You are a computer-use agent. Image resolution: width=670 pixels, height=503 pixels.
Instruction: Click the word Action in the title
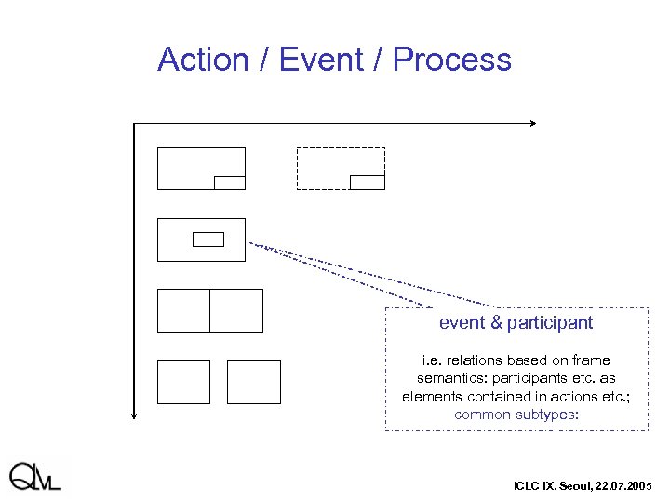(201, 60)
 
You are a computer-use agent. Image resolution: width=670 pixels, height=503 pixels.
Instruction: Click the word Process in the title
(451, 60)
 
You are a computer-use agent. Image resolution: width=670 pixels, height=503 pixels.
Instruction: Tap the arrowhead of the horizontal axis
(533, 123)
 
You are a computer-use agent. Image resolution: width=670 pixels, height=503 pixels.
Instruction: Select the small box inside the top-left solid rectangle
(230, 183)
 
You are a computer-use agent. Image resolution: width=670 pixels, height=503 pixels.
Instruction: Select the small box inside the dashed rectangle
(367, 182)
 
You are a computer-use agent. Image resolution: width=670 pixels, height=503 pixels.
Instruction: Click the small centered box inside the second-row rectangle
(208, 239)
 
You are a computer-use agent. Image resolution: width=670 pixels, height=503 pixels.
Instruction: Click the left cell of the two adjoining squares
(183, 310)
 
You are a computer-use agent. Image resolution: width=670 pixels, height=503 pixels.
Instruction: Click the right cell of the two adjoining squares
(236, 310)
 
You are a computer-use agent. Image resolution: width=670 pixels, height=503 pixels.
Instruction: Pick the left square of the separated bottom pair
(183, 382)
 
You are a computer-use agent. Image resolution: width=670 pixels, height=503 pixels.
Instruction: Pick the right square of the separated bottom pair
(254, 382)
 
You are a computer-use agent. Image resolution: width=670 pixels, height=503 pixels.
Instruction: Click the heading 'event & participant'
(516, 323)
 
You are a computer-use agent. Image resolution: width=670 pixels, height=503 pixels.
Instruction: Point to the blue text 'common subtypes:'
(516, 415)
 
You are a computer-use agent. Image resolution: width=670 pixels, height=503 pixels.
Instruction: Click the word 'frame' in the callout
(592, 360)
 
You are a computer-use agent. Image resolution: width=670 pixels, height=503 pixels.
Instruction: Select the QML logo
(37, 476)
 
